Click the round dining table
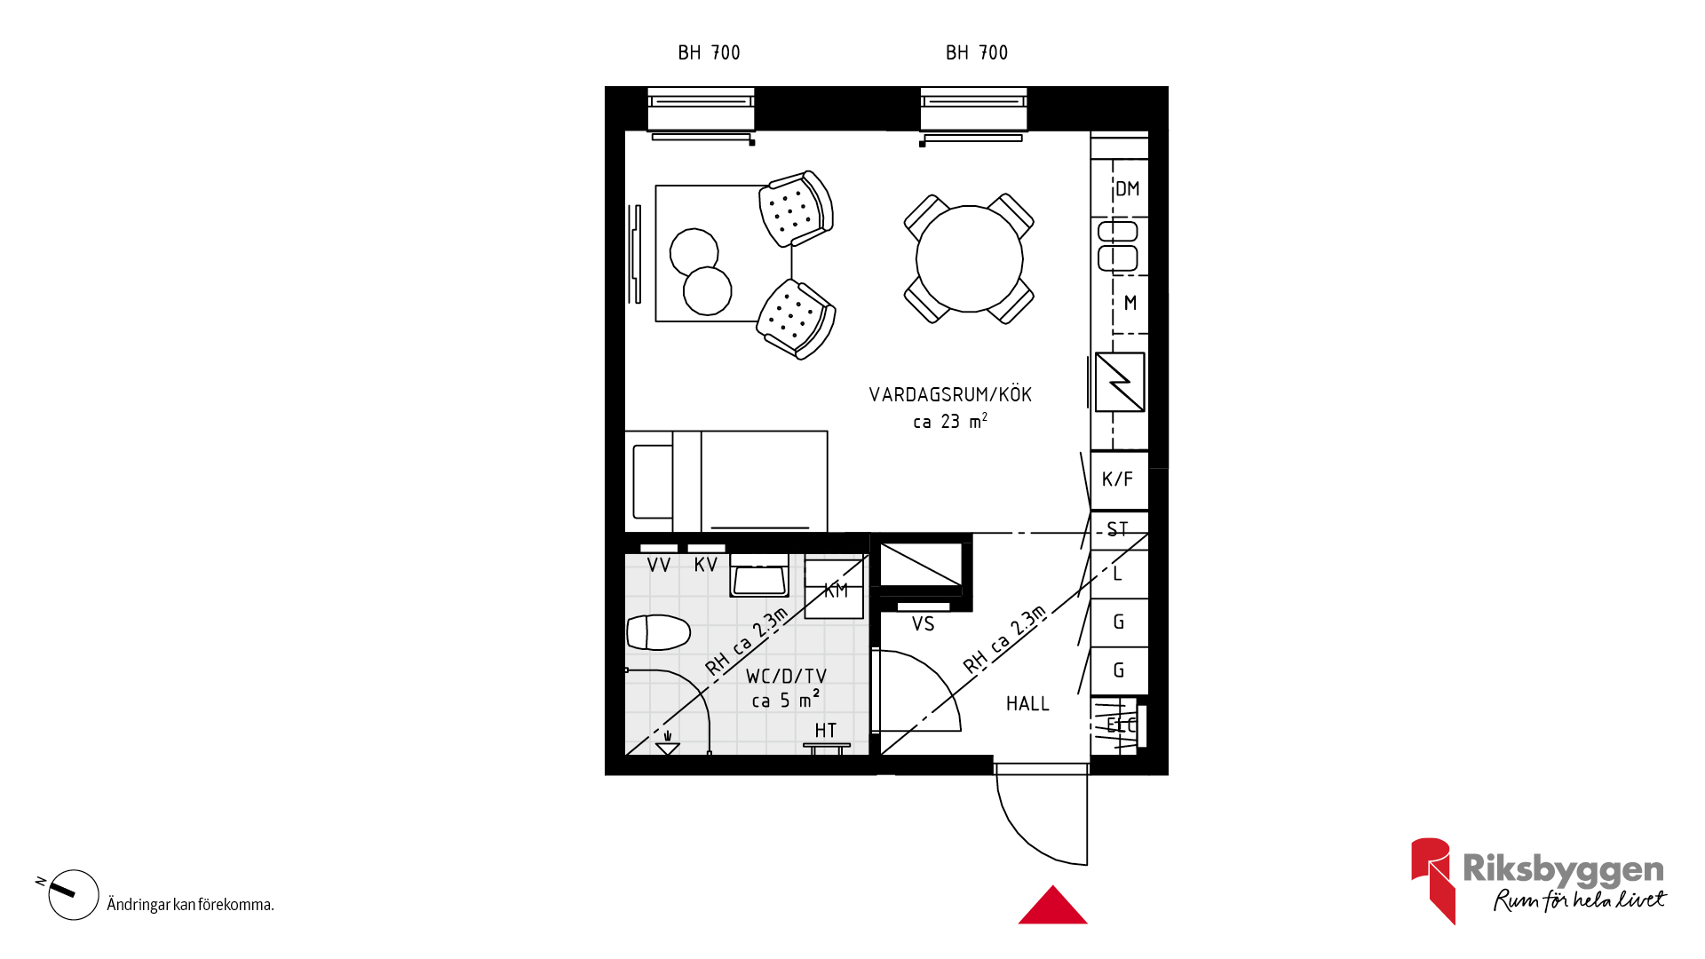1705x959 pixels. (x=969, y=258)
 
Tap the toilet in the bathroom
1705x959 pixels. (x=658, y=632)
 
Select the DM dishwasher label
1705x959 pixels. (x=1127, y=188)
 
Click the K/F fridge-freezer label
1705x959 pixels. (x=1117, y=479)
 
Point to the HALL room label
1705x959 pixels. (x=1027, y=704)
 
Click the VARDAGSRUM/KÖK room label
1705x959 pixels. (x=950, y=394)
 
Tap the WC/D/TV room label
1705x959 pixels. (x=786, y=677)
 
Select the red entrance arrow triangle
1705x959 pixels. (x=1053, y=905)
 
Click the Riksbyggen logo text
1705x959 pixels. (x=1563, y=869)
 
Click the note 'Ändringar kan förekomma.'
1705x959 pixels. (x=190, y=905)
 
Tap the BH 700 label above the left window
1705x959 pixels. (x=709, y=53)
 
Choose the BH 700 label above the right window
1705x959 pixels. (x=977, y=53)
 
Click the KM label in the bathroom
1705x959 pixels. (x=836, y=590)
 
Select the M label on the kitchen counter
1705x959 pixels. (x=1130, y=303)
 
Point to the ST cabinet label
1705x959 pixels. (x=1117, y=530)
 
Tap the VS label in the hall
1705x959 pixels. (x=923, y=624)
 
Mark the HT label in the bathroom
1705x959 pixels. (x=826, y=730)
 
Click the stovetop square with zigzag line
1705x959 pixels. (x=1120, y=382)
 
